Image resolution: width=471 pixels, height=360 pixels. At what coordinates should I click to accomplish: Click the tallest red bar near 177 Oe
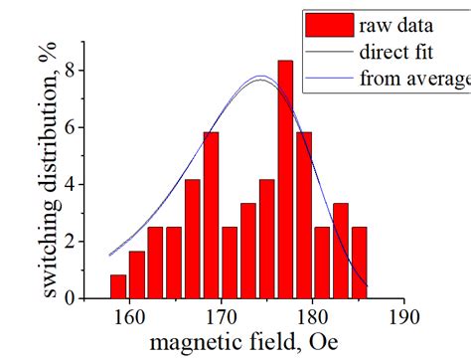285,180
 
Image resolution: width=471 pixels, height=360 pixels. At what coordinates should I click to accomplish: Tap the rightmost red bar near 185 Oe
359,263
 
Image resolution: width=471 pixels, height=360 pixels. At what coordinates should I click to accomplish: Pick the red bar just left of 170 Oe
211,215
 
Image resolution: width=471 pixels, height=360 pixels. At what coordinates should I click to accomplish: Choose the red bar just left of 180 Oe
303,215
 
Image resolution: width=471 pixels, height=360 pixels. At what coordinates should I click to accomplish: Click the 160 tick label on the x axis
128,318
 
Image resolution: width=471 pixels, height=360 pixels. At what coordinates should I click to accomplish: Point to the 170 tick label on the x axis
220,318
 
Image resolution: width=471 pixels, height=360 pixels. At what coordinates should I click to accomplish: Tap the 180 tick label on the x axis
312,318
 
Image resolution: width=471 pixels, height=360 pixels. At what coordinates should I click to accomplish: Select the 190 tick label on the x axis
403,318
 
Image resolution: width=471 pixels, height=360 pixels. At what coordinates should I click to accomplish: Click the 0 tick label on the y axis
71,298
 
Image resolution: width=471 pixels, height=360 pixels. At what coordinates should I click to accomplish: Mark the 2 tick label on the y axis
71,242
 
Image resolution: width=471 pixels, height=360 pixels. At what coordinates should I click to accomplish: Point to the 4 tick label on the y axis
71,185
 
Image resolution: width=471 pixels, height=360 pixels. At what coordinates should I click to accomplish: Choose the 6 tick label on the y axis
71,128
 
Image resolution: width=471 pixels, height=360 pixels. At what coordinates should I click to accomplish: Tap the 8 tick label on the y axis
71,72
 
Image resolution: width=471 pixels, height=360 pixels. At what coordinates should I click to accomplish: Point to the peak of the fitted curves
260,77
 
